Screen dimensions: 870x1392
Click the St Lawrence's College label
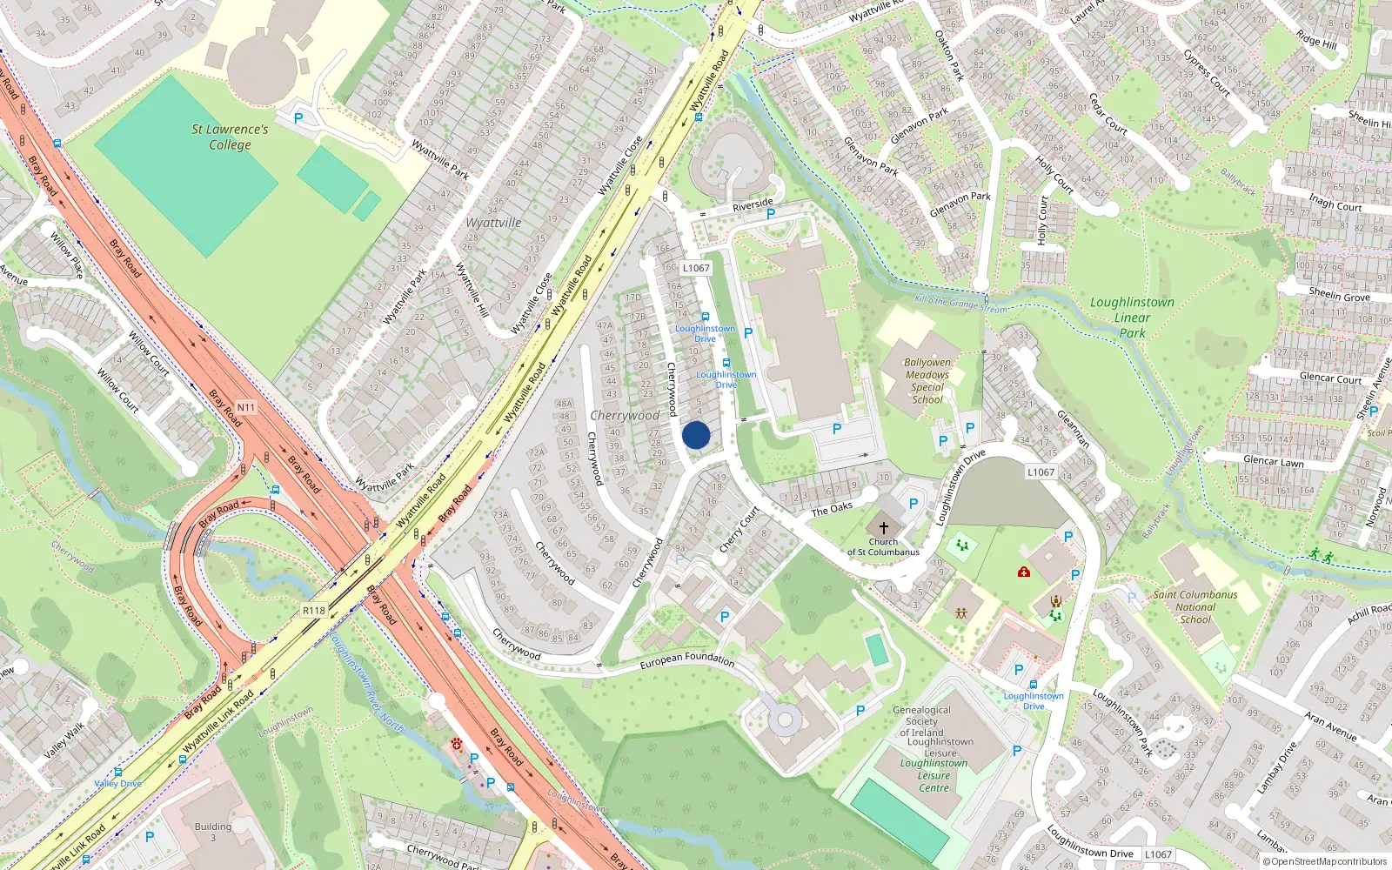pyautogui.click(x=230, y=137)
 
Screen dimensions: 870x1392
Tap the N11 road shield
pyautogui.click(x=246, y=407)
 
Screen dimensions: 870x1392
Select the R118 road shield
pyautogui.click(x=314, y=611)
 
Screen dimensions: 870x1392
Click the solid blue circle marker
pyautogui.click(x=696, y=436)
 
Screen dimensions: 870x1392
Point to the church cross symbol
pyautogui.click(x=884, y=528)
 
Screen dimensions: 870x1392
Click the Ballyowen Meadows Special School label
pyautogui.click(x=927, y=381)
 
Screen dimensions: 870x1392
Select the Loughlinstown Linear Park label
pyautogui.click(x=1132, y=317)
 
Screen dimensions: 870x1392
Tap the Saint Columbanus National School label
pyautogui.click(x=1195, y=607)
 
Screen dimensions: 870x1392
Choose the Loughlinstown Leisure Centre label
pyautogui.click(x=934, y=775)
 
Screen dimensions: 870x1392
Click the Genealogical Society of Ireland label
pyautogui.click(x=922, y=721)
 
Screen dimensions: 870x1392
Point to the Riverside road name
pyautogui.click(x=753, y=205)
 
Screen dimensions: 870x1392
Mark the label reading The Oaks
pyautogui.click(x=832, y=509)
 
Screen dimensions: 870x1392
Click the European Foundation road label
pyautogui.click(x=687, y=660)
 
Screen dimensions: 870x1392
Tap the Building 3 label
pyautogui.click(x=213, y=832)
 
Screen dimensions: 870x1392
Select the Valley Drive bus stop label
pyautogui.click(x=117, y=783)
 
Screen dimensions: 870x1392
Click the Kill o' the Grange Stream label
pyautogui.click(x=961, y=304)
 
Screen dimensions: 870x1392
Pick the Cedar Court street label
pyautogui.click(x=1108, y=114)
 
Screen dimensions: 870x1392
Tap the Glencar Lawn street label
pyautogui.click(x=1274, y=462)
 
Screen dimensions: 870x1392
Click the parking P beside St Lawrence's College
pyautogui.click(x=298, y=118)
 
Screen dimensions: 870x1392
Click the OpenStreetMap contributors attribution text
pyautogui.click(x=1329, y=861)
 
